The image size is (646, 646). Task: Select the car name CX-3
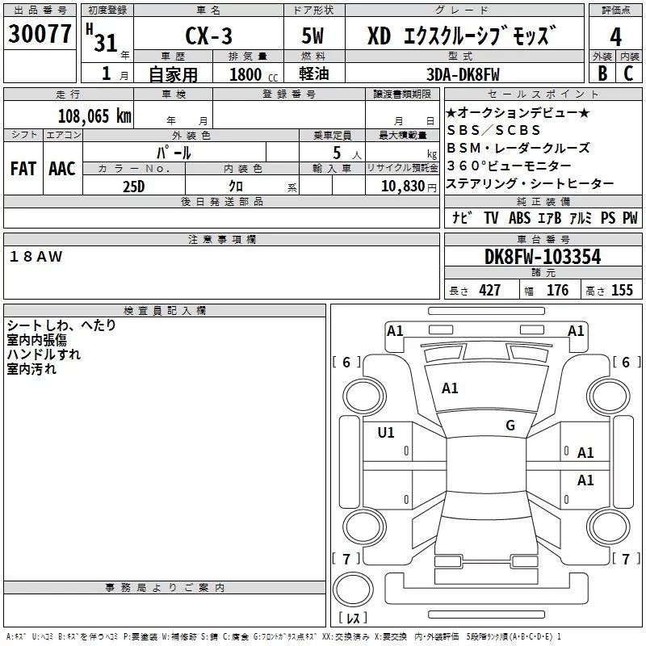(207, 36)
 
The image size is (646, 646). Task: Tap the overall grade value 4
(615, 36)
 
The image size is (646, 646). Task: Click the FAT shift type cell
(23, 169)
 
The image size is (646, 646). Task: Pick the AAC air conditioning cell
(62, 169)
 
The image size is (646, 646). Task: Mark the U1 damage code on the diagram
(386, 433)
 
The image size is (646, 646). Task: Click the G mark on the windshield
(510, 426)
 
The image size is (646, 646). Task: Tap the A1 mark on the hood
(450, 388)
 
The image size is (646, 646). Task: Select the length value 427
(489, 291)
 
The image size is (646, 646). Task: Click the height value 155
(622, 291)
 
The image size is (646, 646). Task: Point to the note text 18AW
(36, 256)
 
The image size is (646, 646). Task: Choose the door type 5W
(313, 36)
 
